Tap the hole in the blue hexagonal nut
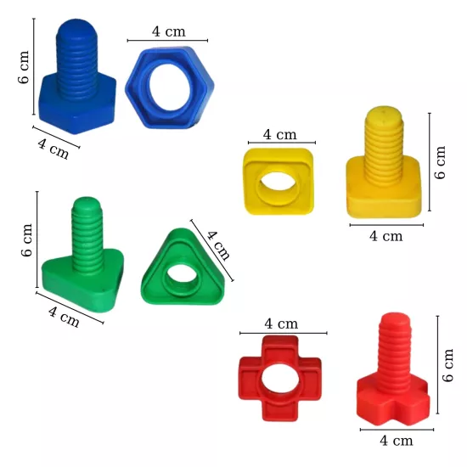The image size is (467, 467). pos(170,87)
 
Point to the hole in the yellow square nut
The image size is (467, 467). pos(279,185)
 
